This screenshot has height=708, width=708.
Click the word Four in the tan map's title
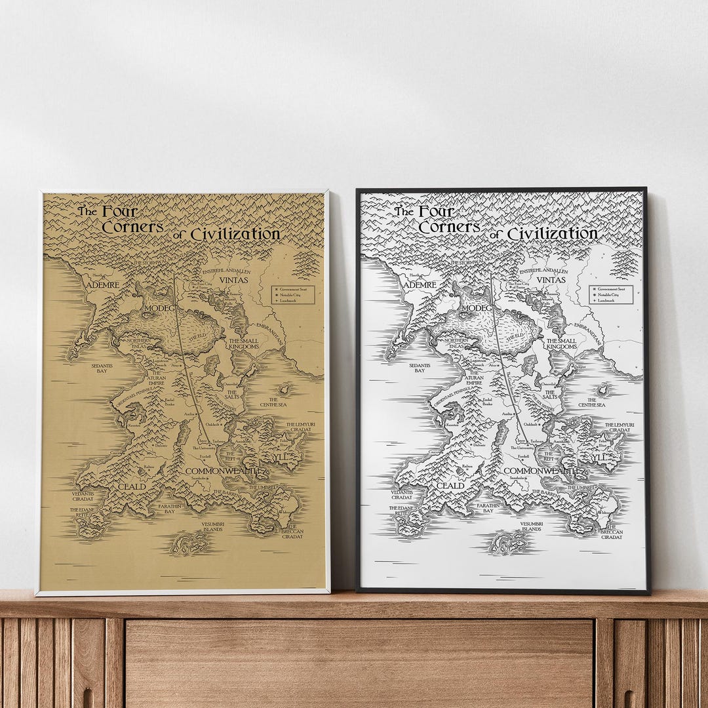(119, 211)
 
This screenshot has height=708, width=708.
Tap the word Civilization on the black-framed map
(552, 233)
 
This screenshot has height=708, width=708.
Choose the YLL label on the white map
(598, 457)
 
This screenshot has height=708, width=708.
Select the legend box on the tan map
(294, 294)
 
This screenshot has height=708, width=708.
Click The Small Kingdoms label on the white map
(561, 344)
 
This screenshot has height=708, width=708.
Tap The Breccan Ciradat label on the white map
(611, 532)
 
